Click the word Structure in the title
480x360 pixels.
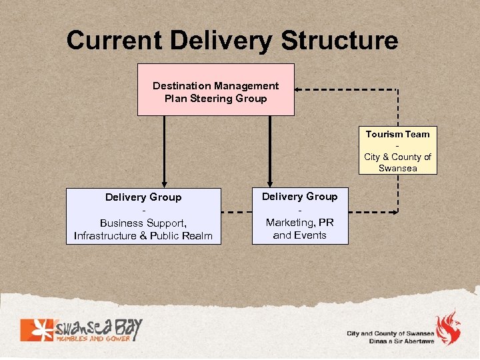[x=339, y=41]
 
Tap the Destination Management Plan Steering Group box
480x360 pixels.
[x=215, y=89]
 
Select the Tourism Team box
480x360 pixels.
[x=397, y=151]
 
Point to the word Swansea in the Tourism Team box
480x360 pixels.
[x=397, y=168]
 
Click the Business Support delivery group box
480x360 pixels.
[x=143, y=216]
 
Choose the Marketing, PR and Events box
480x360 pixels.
[x=299, y=215]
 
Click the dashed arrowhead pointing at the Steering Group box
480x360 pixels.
[x=299, y=89]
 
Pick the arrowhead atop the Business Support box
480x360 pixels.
[x=164, y=183]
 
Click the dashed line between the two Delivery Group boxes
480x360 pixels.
[x=236, y=213]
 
